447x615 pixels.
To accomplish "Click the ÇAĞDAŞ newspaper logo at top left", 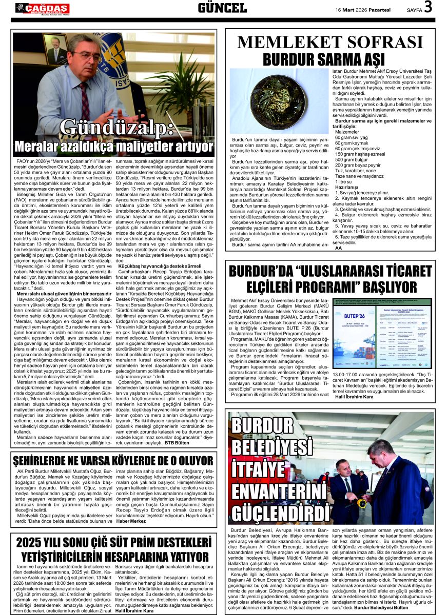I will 42,8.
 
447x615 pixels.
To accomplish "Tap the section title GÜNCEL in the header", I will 223,8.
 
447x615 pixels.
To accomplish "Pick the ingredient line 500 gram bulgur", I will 349,160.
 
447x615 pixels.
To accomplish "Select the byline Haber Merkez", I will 131,521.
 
